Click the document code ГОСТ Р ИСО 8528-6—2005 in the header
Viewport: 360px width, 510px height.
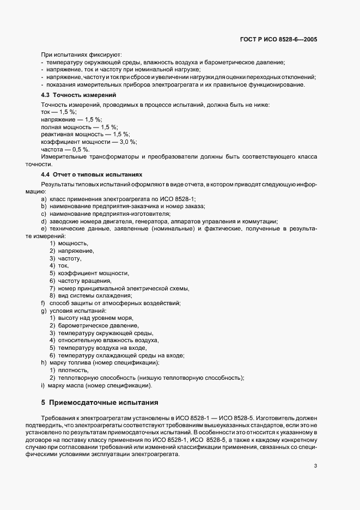coord(279,40)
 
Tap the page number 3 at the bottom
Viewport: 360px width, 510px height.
coord(316,451)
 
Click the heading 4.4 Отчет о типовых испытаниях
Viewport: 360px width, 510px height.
coord(91,175)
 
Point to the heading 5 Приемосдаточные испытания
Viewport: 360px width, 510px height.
coord(99,403)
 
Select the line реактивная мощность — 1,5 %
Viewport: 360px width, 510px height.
coord(84,133)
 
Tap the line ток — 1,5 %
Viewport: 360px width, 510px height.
coord(59,111)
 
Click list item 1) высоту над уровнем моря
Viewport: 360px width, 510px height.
coord(91,318)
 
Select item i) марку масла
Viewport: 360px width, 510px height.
coord(96,386)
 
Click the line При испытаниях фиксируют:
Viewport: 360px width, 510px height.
coord(81,54)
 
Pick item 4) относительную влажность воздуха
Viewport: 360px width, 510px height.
coord(104,340)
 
